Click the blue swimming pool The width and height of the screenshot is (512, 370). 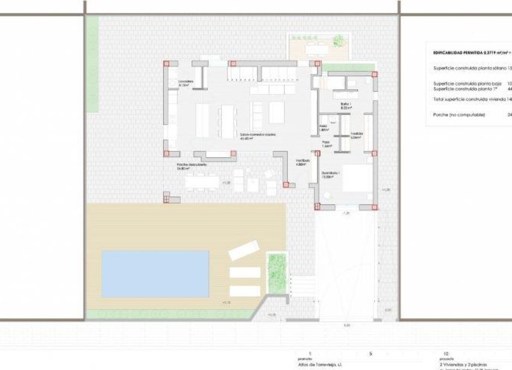[155, 274]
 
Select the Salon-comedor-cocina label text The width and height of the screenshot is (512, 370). [257, 134]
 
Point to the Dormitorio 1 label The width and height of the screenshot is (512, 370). [331, 175]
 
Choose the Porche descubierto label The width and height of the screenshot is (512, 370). [192, 166]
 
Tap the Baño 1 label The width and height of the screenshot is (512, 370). [345, 105]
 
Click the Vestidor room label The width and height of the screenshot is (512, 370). [356, 136]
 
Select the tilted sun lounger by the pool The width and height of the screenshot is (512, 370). [243, 249]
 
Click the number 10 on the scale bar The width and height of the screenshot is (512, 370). [445, 354]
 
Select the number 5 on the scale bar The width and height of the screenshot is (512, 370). [371, 354]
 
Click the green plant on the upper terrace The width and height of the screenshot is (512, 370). [340, 40]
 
